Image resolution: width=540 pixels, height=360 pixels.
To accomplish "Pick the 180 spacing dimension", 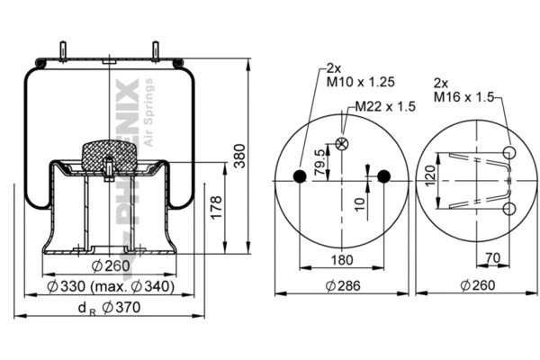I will pos(343,261).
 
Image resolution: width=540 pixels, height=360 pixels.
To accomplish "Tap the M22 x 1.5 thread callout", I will pos(385,106).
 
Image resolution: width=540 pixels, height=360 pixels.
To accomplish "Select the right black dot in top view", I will pos(384,176).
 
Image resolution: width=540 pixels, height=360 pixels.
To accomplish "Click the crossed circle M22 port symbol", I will pos(341,144).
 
